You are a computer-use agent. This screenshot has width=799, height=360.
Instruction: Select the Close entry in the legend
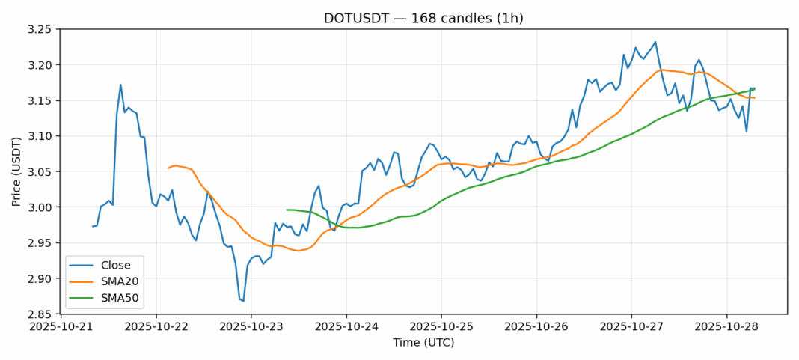coord(115,265)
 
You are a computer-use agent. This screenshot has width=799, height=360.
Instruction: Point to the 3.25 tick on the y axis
coord(38,29)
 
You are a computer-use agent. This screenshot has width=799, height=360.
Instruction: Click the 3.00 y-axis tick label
coord(38,207)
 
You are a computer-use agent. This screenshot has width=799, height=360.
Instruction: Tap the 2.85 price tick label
coord(38,314)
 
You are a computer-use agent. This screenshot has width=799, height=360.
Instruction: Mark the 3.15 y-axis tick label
coord(38,100)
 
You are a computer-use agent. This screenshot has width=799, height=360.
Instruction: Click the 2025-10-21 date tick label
coord(61,327)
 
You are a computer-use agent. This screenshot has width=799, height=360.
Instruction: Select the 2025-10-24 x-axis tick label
coord(346,327)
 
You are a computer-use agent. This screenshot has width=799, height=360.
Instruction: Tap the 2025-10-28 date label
coord(726,327)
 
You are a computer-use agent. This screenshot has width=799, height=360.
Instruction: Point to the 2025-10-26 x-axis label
coord(536,327)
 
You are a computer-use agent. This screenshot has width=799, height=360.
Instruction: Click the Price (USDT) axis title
coord(16,171)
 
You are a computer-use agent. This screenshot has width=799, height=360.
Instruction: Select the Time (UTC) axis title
coord(423,343)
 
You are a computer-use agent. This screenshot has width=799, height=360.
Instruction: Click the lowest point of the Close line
coord(243,301)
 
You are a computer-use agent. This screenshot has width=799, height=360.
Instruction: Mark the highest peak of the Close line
coord(655,42)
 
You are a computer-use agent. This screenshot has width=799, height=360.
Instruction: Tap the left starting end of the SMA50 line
coord(287,210)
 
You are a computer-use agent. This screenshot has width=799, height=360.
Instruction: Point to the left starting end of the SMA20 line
coord(168,168)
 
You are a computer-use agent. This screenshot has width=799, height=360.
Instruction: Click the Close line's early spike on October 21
coord(120,85)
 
